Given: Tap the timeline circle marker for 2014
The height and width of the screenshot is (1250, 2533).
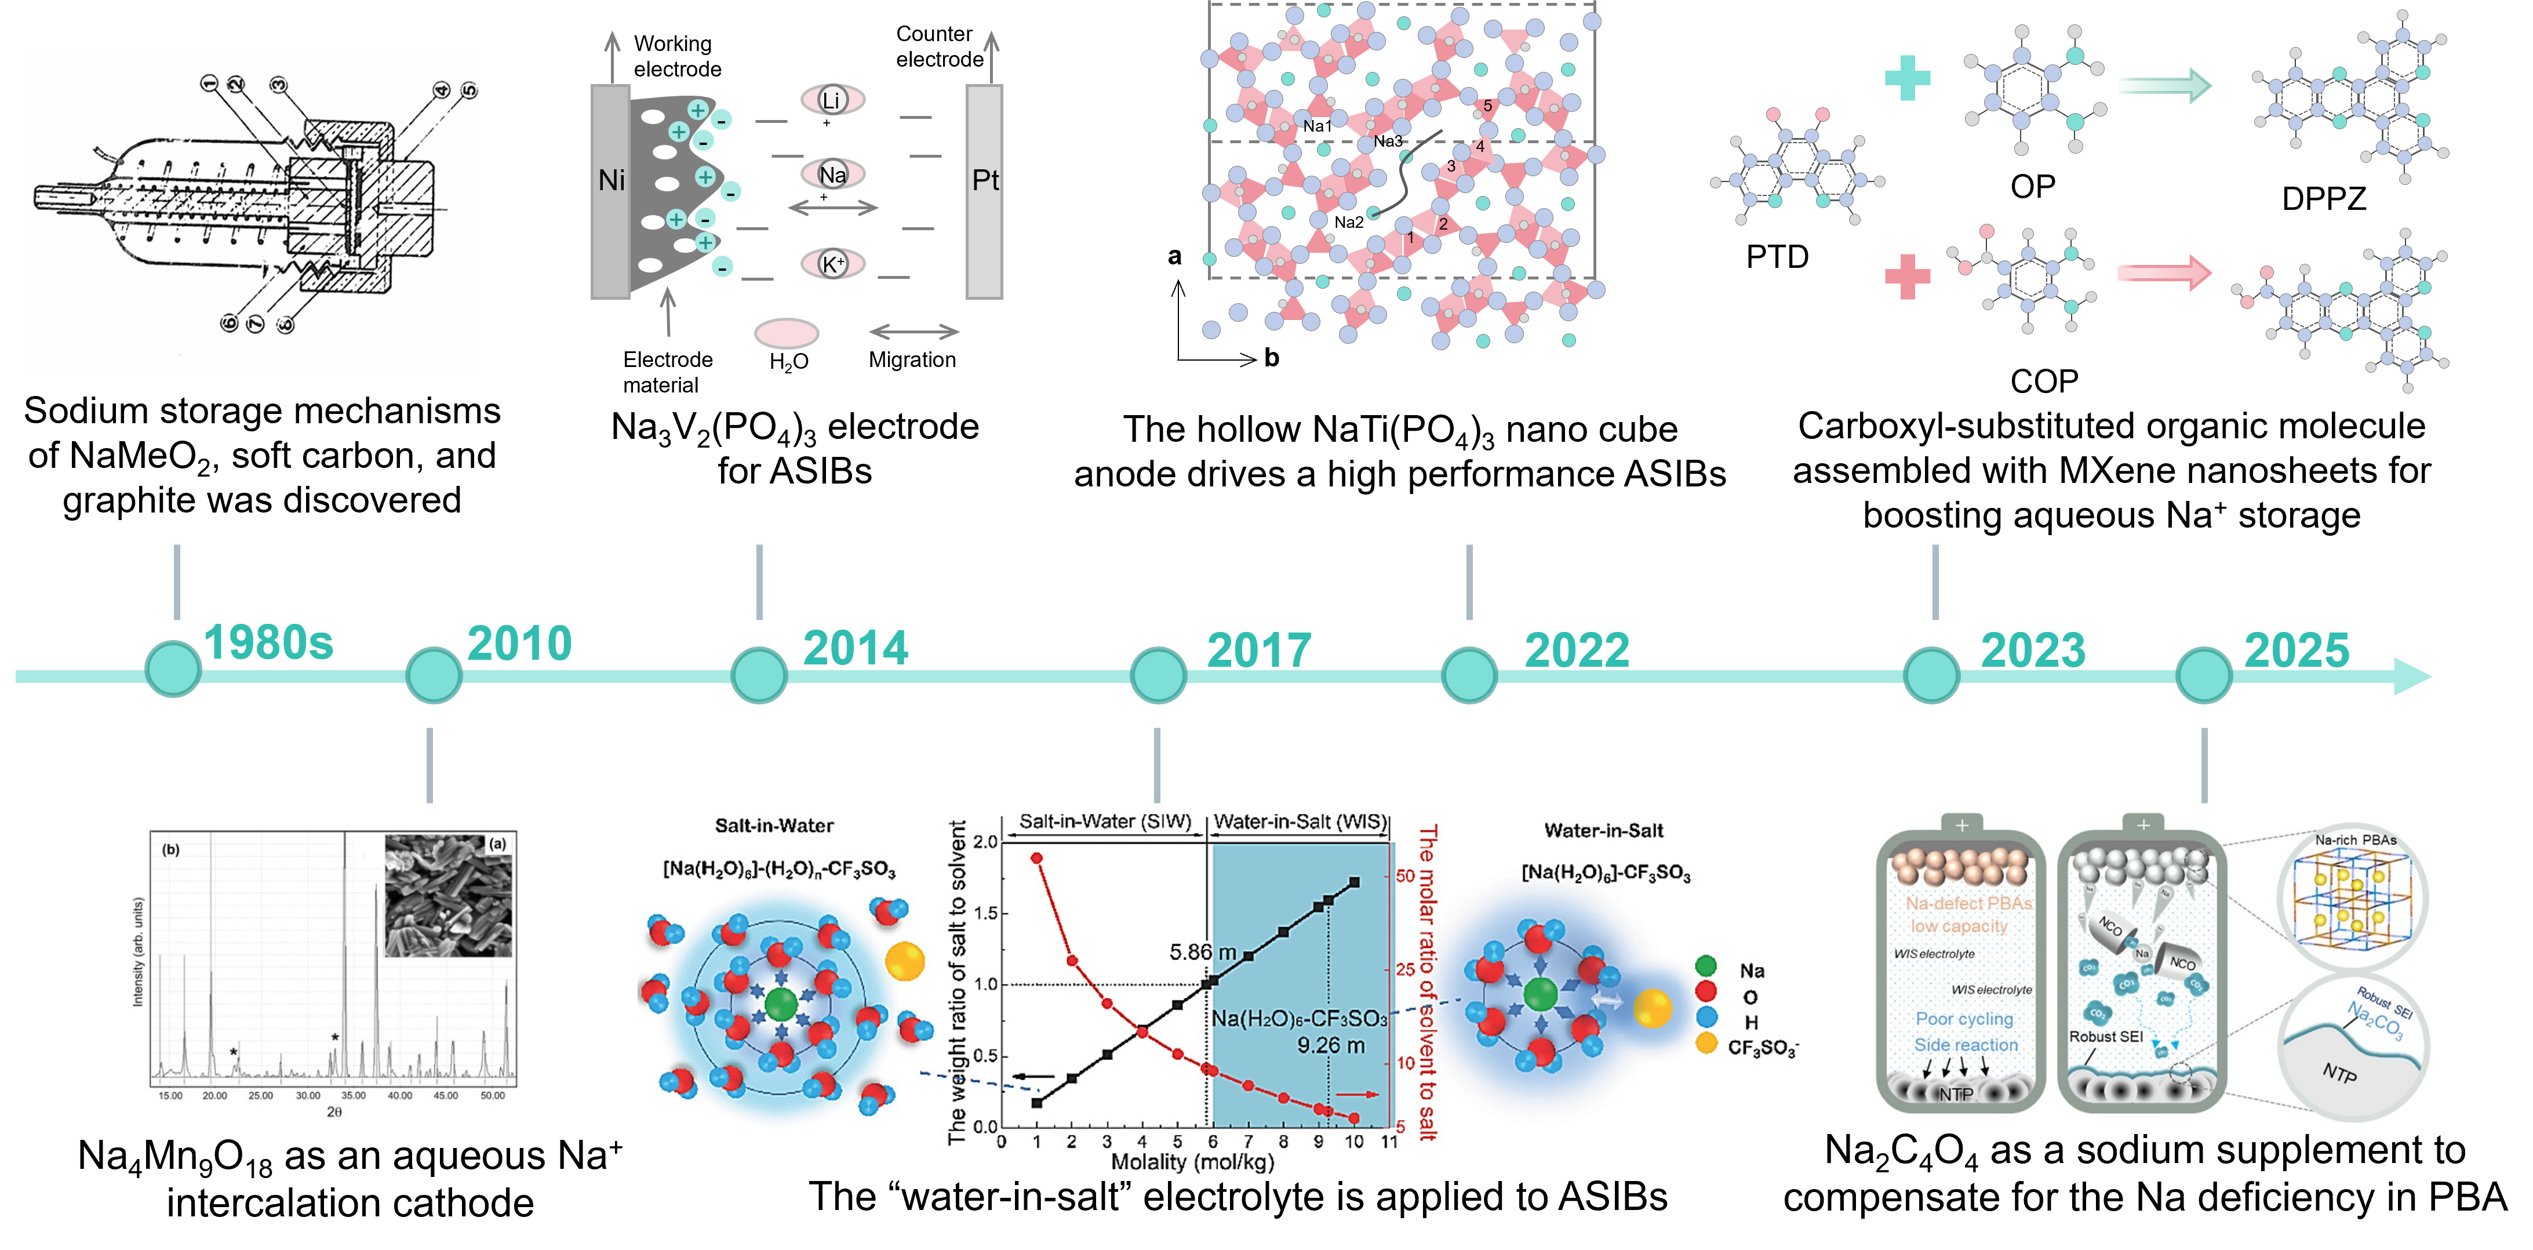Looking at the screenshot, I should coord(759,675).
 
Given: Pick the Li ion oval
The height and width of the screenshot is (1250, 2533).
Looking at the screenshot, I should coord(832,99).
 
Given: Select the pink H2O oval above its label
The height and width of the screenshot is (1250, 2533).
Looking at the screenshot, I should coord(787,332).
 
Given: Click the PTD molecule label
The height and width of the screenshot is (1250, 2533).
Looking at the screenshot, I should coord(1777,257).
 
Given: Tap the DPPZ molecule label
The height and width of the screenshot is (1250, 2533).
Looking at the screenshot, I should coord(2324,199).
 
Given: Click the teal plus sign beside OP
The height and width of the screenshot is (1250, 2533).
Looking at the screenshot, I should coord(1908,79).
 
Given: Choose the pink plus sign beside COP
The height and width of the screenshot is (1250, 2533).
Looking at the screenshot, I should coord(1908,277).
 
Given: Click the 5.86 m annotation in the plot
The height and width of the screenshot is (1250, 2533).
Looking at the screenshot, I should coord(1202,952).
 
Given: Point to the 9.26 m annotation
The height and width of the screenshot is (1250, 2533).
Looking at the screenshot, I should coord(1330,1045).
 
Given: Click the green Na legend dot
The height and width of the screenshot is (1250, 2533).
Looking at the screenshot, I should coord(1706,966).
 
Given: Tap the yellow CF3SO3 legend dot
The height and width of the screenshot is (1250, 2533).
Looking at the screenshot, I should coord(1706,1044).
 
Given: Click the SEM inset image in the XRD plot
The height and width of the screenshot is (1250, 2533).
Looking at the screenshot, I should coord(449,896).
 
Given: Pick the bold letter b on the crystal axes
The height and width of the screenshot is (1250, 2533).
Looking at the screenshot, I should coord(1271,358).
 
